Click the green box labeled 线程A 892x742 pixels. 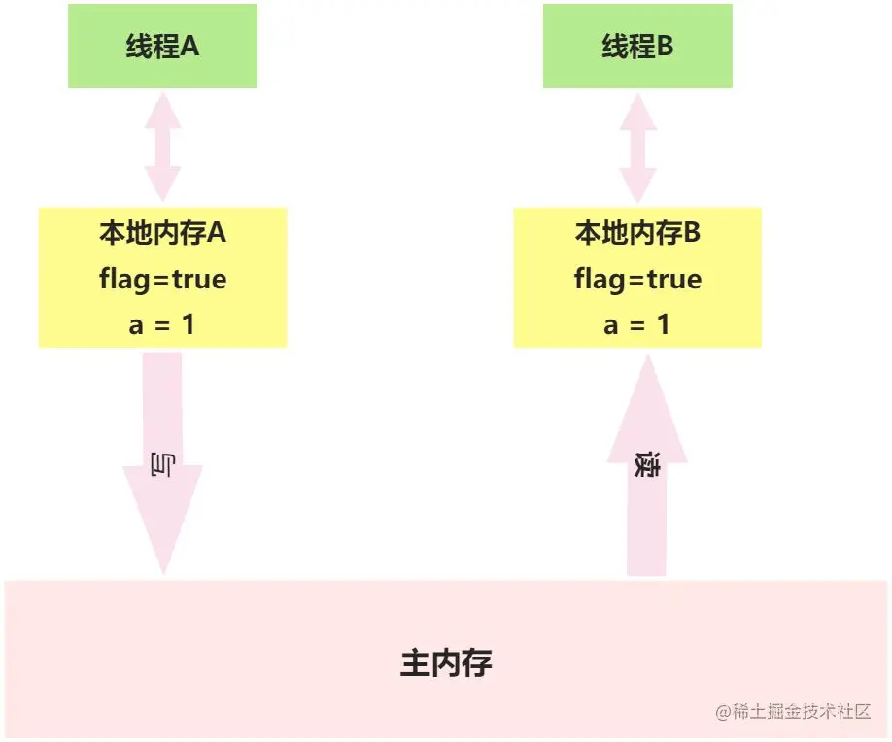pos(162,46)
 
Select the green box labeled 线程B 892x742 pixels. pos(637,46)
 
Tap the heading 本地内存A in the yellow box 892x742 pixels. pos(162,233)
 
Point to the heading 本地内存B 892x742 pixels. pos(637,233)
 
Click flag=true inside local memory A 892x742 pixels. pos(162,280)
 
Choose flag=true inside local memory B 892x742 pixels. pos(637,280)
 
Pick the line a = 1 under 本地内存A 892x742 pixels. pos(162,324)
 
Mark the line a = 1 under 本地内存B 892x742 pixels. pos(637,324)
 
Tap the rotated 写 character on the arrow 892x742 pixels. pos(162,465)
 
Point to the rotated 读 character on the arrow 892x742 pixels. pos(647,465)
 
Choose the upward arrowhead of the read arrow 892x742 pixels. pos(647,408)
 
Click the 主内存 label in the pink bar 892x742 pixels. pos(446,663)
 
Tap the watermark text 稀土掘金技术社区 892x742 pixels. pos(802,712)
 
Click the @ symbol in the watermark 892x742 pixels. pos(723,713)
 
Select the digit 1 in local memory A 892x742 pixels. pos(189,324)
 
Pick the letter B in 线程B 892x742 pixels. pos(665,47)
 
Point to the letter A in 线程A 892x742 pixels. pos(189,47)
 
